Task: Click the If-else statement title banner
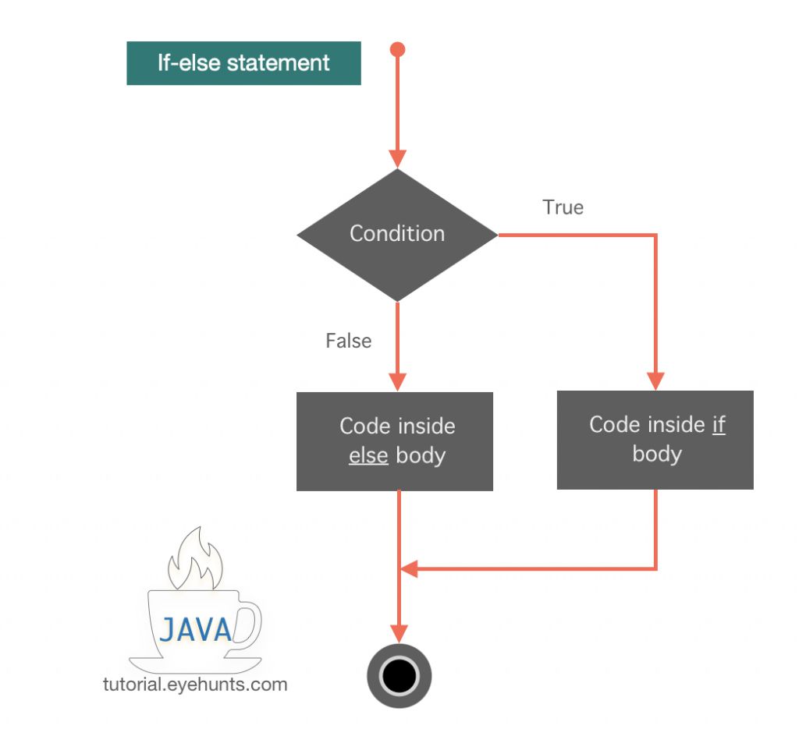click(243, 63)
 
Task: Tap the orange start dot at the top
click(397, 50)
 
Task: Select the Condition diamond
click(397, 234)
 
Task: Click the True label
click(563, 207)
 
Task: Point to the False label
click(348, 341)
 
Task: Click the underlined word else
click(368, 455)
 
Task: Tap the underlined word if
click(718, 425)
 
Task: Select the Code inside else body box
click(395, 441)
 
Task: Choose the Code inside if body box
click(655, 440)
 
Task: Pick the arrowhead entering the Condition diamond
click(397, 158)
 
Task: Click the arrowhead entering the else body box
click(397, 381)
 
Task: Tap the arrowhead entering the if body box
click(655, 380)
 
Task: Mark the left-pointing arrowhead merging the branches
click(409, 569)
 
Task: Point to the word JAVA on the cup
click(195, 629)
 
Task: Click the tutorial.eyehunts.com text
click(195, 685)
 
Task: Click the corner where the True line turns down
click(655, 234)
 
